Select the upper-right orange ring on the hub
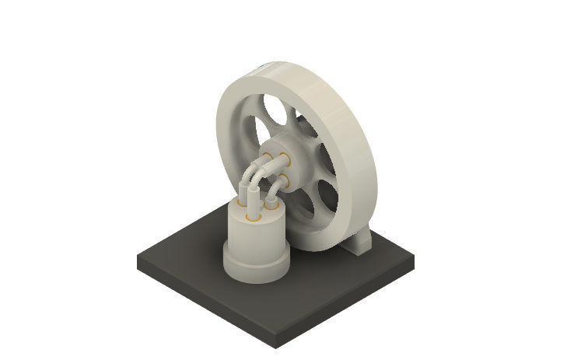pyautogui.click(x=285, y=161)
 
